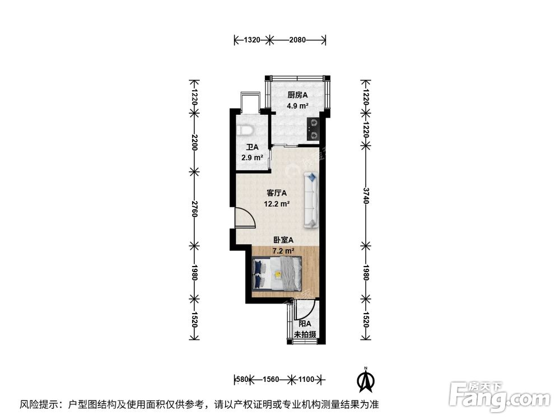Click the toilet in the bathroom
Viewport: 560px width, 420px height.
coord(245,130)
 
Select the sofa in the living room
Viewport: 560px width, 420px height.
coord(311,200)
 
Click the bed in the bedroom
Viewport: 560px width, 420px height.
coord(278,273)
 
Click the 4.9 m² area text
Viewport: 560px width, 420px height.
coord(298,106)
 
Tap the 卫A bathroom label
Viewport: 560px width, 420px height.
coord(251,148)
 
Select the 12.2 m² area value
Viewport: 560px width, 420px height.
coord(277,204)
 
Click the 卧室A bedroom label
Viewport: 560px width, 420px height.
coord(283,240)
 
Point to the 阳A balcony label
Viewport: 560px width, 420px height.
coord(305,324)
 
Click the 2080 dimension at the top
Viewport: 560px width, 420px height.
coord(298,40)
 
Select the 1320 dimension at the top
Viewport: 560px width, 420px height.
coord(252,40)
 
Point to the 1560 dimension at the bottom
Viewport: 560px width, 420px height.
coord(271,380)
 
